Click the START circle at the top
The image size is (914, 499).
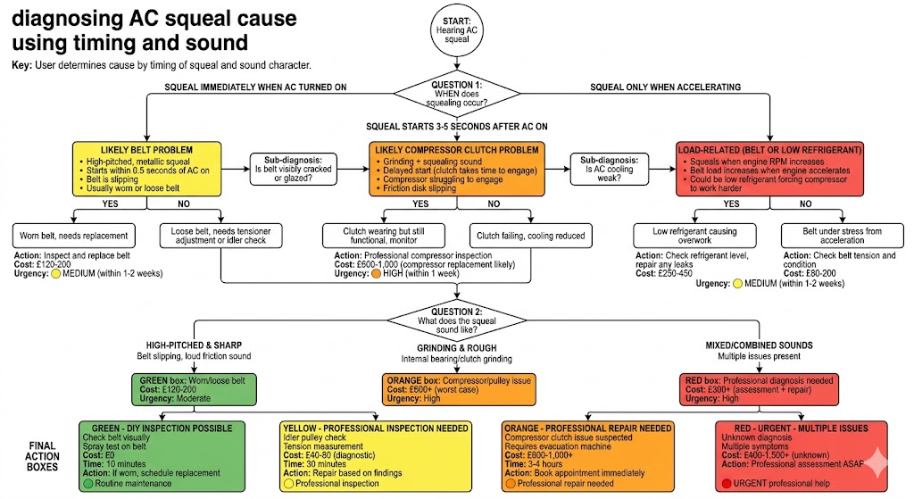tap(456, 30)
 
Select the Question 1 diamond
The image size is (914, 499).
tap(456, 93)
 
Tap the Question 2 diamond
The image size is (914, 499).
tap(456, 320)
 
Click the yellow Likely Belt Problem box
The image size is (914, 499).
tap(147, 169)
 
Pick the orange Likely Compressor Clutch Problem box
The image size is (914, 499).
tap(456, 169)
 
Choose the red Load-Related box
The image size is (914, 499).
tap(769, 169)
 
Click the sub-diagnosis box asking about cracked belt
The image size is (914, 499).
tap(293, 169)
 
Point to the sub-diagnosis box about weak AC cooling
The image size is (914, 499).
tap(609, 169)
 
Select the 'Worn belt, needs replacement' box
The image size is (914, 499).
tap(74, 236)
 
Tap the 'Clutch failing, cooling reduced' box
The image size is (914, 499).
tap(530, 236)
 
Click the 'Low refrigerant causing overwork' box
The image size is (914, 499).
tap(694, 236)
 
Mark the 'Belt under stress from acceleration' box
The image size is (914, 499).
tap(843, 236)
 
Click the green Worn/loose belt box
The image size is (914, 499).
tap(194, 389)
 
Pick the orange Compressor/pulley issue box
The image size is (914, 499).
tap(459, 389)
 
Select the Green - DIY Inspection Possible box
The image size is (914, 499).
tap(162, 456)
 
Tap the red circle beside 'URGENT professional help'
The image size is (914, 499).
tap(727, 483)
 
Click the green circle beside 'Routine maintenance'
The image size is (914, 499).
tap(88, 483)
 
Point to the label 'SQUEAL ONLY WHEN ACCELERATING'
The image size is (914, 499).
tap(665, 87)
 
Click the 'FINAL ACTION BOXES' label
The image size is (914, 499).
tap(42, 456)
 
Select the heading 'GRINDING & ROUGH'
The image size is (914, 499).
tap(456, 348)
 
